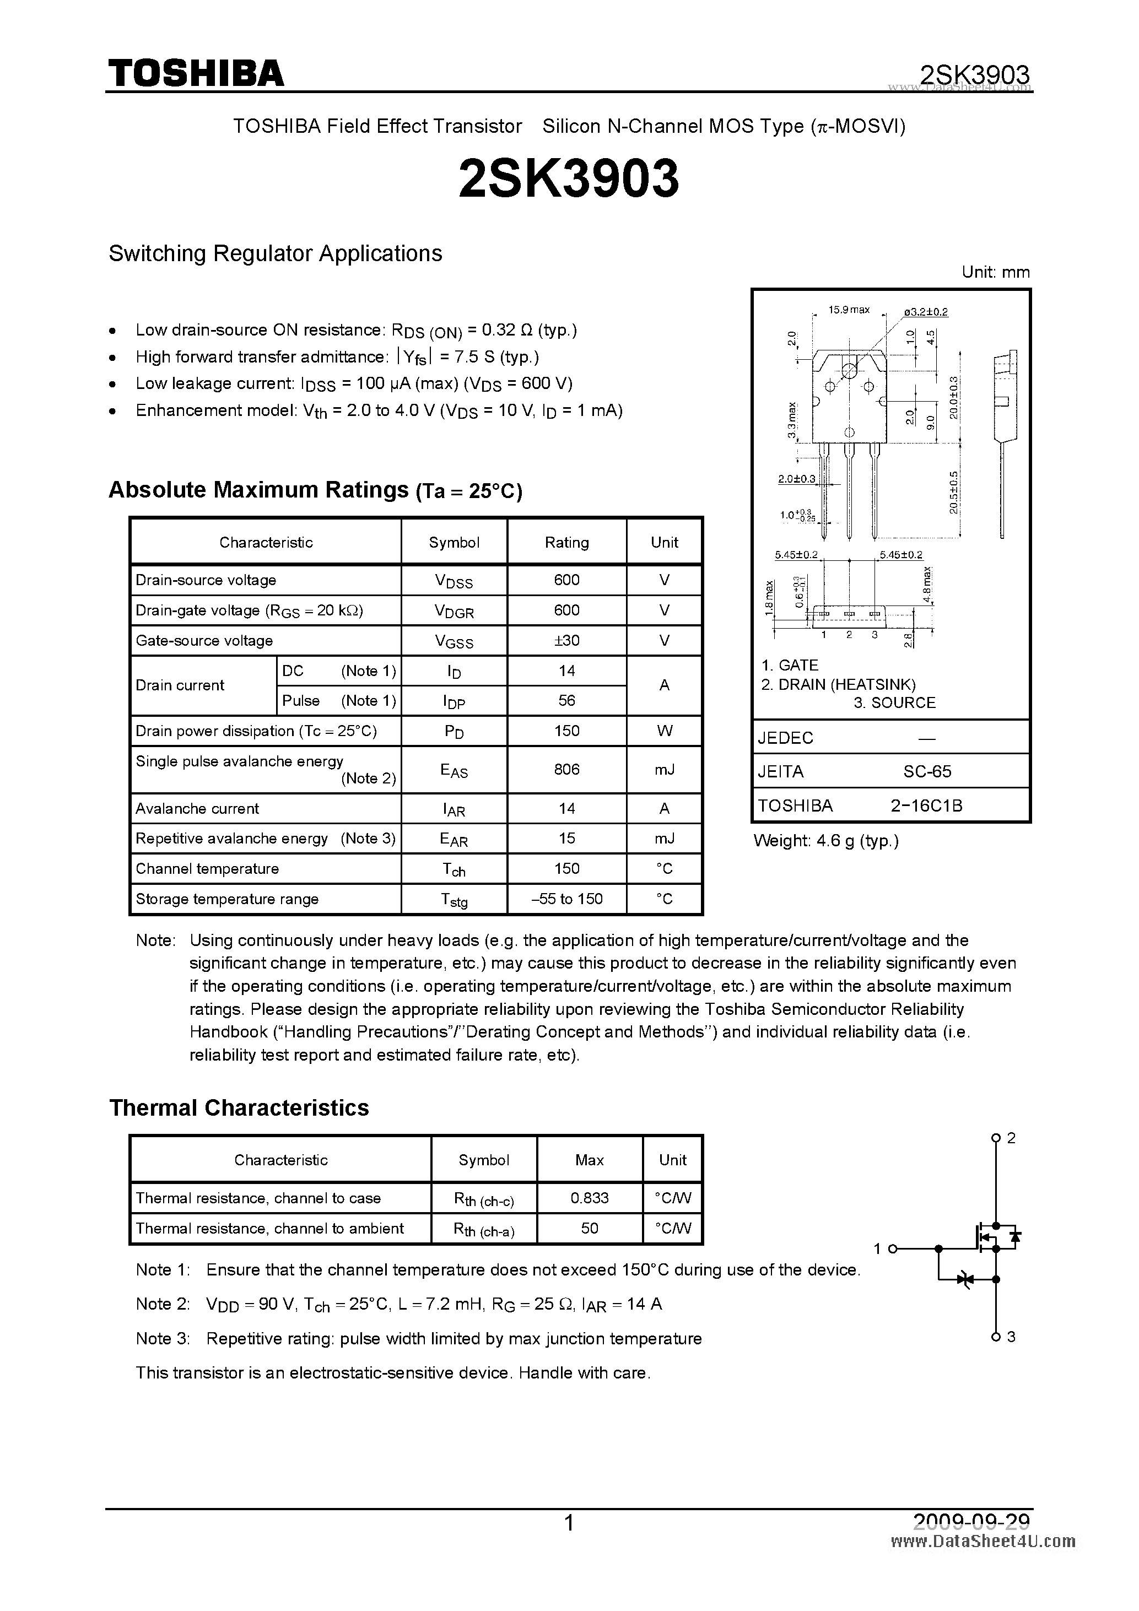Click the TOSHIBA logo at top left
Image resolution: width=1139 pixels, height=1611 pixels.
pos(196,73)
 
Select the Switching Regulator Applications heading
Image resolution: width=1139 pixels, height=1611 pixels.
pos(275,253)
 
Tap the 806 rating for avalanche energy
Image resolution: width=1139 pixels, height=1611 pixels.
pos(566,769)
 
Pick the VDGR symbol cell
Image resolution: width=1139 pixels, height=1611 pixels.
pos(454,611)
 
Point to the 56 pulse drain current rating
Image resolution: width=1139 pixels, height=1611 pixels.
pos(566,700)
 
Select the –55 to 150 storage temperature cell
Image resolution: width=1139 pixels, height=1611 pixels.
pos(566,899)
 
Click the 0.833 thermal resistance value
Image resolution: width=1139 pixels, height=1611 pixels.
pos(589,1198)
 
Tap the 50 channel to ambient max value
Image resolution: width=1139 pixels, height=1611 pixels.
pos(589,1228)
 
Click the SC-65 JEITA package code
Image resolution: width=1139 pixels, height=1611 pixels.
pos(926,771)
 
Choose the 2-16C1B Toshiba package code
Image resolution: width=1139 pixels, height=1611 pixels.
pos(926,806)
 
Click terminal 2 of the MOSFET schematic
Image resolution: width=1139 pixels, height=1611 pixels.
pos(995,1138)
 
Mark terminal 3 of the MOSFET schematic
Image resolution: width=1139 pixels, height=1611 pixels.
pos(995,1337)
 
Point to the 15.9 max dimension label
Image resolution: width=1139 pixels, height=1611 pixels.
pos(849,310)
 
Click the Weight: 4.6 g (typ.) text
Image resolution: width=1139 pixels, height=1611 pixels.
pos(825,841)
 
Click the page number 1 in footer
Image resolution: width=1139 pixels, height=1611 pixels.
pos(569,1523)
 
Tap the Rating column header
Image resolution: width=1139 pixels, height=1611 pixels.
pos(566,542)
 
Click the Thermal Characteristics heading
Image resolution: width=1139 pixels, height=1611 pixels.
pos(239,1108)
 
